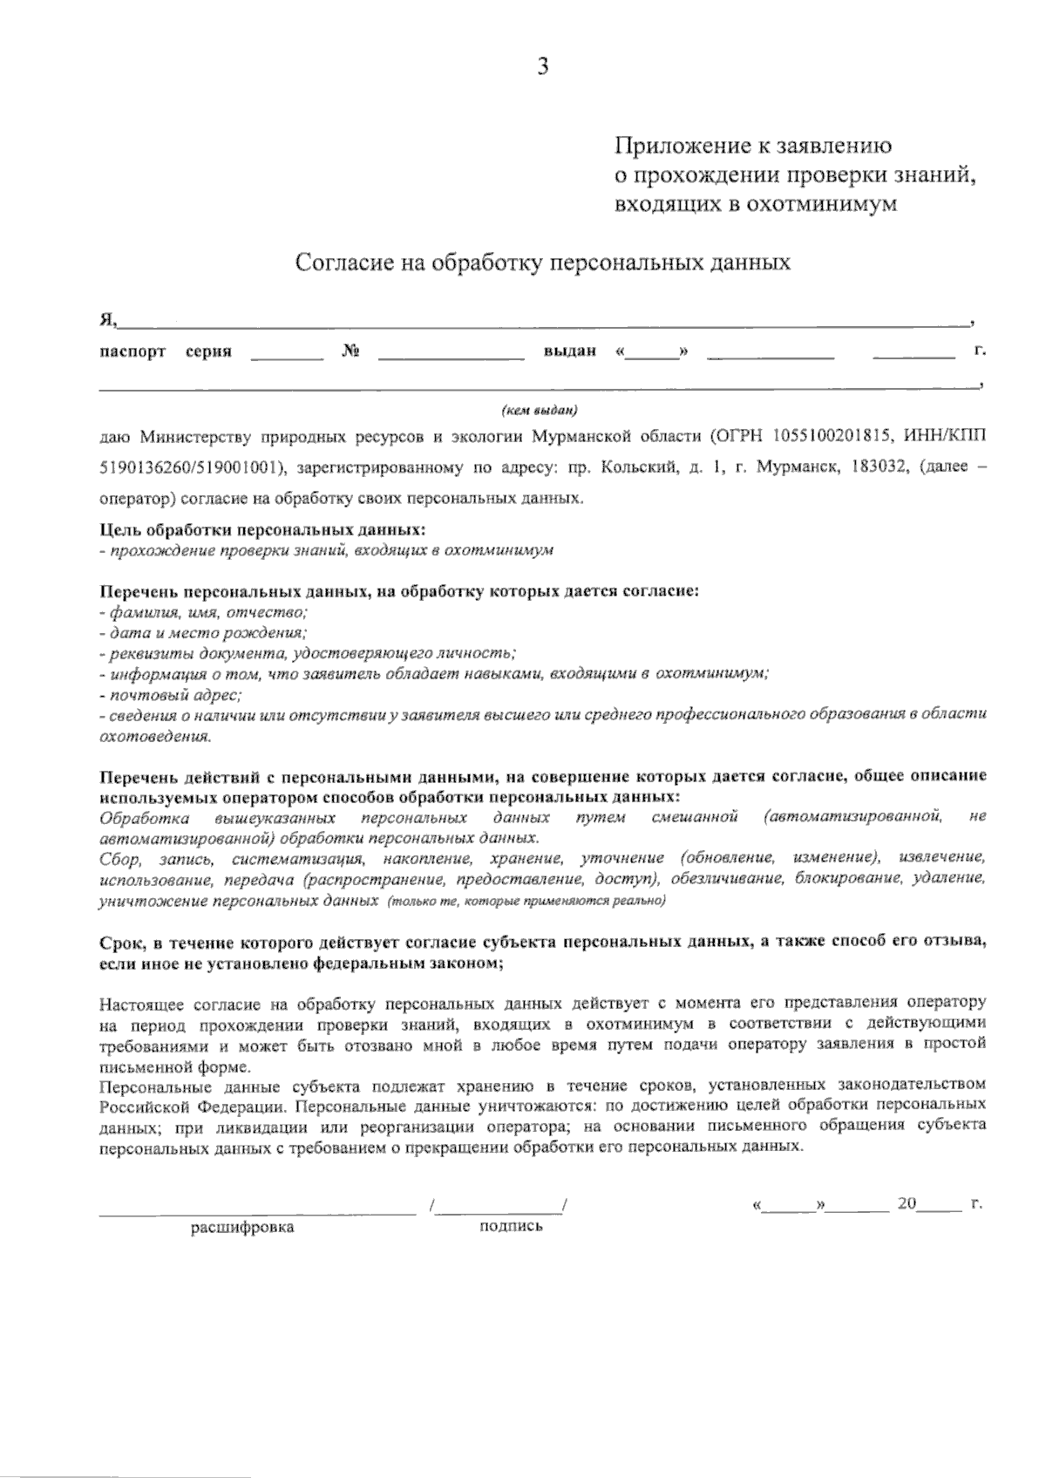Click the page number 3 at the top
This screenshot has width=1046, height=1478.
click(542, 66)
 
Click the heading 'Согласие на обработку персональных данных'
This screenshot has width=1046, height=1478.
click(543, 262)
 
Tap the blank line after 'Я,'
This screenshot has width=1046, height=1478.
click(545, 321)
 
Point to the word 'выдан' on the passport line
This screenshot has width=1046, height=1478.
click(569, 351)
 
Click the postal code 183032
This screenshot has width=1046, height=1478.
click(873, 467)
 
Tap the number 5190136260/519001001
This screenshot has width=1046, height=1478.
click(191, 467)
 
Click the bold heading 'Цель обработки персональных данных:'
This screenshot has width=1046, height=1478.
click(264, 529)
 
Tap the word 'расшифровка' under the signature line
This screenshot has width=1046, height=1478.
click(242, 1228)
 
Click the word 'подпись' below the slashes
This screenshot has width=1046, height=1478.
click(511, 1226)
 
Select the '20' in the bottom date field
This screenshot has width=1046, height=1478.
click(906, 1204)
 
